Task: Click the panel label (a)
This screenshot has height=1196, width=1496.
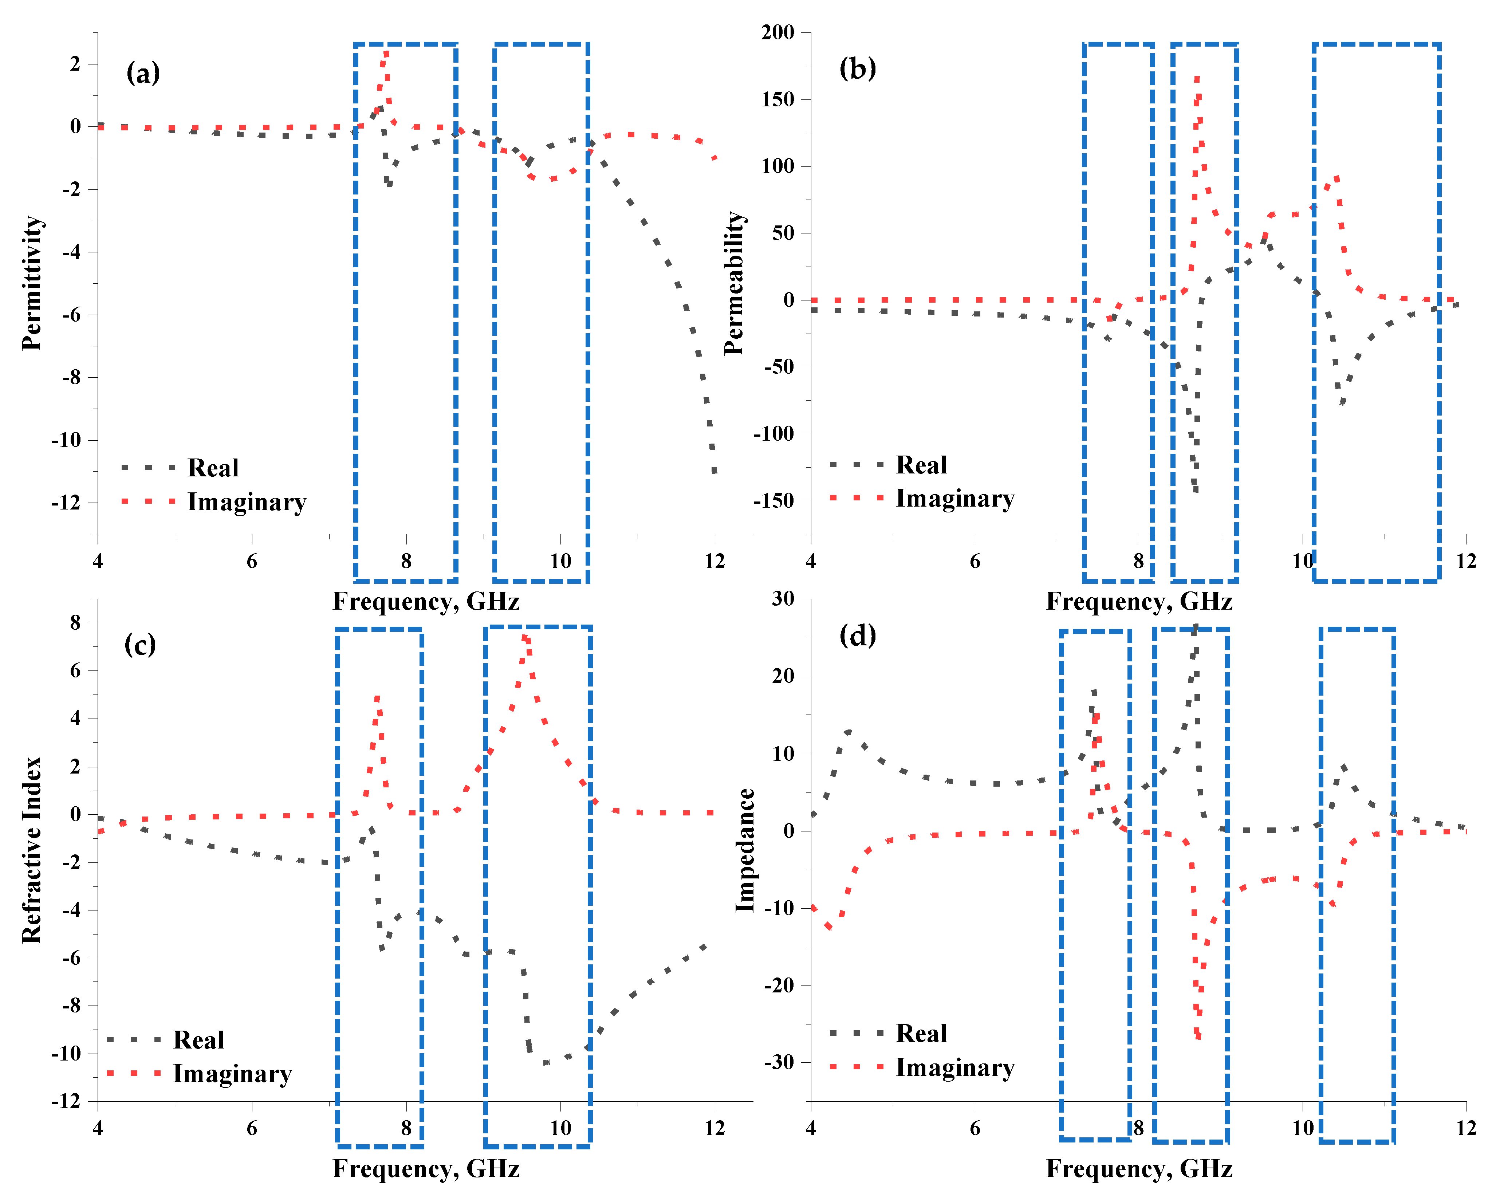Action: [143, 72]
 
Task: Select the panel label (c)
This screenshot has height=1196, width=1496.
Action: [140, 645]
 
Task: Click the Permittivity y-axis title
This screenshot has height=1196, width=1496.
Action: [32, 283]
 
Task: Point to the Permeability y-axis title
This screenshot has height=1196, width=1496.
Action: [734, 283]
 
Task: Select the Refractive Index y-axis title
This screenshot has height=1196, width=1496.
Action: [32, 850]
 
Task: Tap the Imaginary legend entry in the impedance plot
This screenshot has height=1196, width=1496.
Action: [955, 1067]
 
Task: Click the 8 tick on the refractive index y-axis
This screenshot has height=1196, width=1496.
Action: [76, 623]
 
